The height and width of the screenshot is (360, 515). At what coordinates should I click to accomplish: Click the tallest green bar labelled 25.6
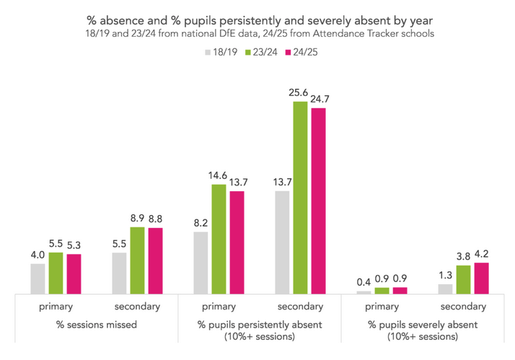(300, 198)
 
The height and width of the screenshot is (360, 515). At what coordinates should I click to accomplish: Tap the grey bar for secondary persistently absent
(282, 242)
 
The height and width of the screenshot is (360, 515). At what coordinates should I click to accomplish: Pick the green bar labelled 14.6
(219, 239)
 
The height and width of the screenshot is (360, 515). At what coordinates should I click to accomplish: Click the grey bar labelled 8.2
(201, 263)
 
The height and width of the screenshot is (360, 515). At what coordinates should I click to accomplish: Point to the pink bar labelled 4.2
(481, 278)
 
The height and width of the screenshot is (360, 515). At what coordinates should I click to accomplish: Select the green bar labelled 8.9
(137, 260)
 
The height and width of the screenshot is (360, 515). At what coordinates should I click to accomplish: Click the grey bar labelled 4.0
(38, 278)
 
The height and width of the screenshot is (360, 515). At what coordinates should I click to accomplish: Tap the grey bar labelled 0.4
(364, 292)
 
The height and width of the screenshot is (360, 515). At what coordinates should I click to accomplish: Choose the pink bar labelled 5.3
(74, 274)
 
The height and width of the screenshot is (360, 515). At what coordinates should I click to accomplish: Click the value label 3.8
(463, 256)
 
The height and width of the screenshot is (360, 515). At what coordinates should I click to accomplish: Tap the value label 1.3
(445, 275)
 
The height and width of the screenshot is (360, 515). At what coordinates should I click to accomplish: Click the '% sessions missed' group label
(97, 325)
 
